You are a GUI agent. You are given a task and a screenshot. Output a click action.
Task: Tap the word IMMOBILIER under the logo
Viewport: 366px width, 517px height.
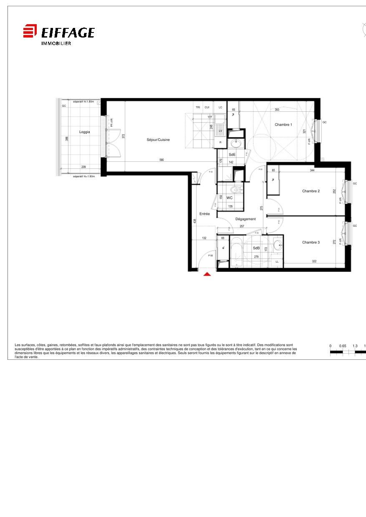click(x=56, y=43)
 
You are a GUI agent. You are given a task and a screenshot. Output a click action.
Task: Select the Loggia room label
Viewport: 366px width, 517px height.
click(x=85, y=132)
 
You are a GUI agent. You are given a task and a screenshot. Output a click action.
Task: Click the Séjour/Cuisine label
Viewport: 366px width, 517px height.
click(x=158, y=140)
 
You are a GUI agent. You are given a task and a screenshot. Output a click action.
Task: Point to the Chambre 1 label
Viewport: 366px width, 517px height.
click(x=283, y=125)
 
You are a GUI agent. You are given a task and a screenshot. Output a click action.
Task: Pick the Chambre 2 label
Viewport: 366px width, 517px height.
click(x=311, y=191)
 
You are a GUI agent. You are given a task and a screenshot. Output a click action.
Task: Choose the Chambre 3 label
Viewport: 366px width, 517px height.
click(x=311, y=242)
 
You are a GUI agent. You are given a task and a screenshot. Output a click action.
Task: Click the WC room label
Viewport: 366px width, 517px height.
click(x=230, y=198)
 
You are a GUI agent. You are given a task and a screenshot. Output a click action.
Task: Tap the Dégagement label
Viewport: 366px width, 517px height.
click(x=245, y=219)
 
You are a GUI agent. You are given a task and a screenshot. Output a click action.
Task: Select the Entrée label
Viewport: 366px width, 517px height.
click(x=204, y=214)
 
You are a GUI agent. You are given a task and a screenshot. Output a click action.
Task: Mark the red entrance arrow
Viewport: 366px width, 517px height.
click(x=207, y=274)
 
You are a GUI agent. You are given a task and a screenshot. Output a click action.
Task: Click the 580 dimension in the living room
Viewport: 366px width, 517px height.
click(x=162, y=160)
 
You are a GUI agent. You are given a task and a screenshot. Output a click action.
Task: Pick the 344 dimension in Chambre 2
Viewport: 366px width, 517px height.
click(x=312, y=170)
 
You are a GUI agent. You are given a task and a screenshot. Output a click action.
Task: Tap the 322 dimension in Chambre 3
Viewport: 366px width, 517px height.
click(x=314, y=261)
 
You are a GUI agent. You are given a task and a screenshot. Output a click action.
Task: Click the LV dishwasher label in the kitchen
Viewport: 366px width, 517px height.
click(x=220, y=131)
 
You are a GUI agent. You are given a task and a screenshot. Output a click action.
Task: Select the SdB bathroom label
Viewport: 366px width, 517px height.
click(x=256, y=248)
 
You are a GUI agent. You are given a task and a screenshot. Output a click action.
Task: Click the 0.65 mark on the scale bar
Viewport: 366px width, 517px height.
click(x=343, y=346)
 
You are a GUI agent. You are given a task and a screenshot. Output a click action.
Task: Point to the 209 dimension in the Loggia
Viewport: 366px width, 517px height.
click(x=83, y=167)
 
